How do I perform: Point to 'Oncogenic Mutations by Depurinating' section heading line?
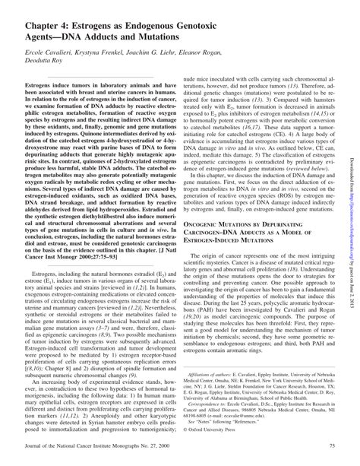point(251,205)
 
